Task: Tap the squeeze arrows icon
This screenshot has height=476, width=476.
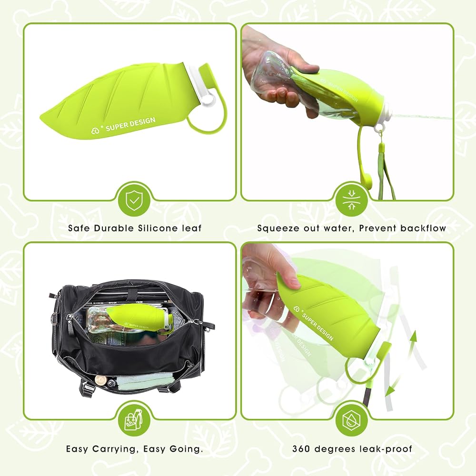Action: [352, 200]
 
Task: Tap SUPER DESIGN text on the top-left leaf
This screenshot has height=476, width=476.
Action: [130, 124]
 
